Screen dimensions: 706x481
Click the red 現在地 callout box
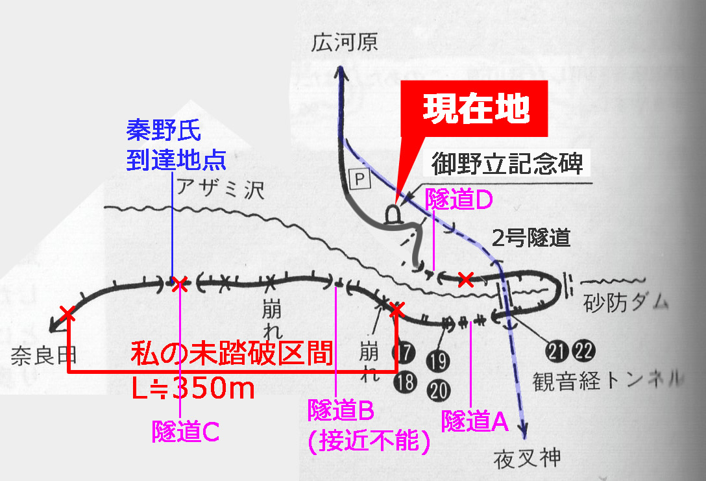point(474,108)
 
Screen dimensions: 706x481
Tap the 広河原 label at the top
point(345,43)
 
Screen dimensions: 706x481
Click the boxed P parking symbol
point(359,179)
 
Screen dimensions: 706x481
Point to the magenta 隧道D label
point(459,199)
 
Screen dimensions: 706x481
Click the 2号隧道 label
point(531,238)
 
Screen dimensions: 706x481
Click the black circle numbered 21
point(558,351)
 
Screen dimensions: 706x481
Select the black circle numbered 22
point(583,351)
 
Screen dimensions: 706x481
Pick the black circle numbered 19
point(438,361)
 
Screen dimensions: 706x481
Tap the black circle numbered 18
point(405,382)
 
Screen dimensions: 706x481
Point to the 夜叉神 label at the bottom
point(528,459)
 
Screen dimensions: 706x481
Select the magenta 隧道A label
point(475,421)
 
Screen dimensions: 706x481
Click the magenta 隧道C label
point(186,432)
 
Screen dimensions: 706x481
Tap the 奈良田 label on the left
point(43,356)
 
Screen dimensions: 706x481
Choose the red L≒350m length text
point(193,388)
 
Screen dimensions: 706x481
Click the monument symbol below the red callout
point(393,216)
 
